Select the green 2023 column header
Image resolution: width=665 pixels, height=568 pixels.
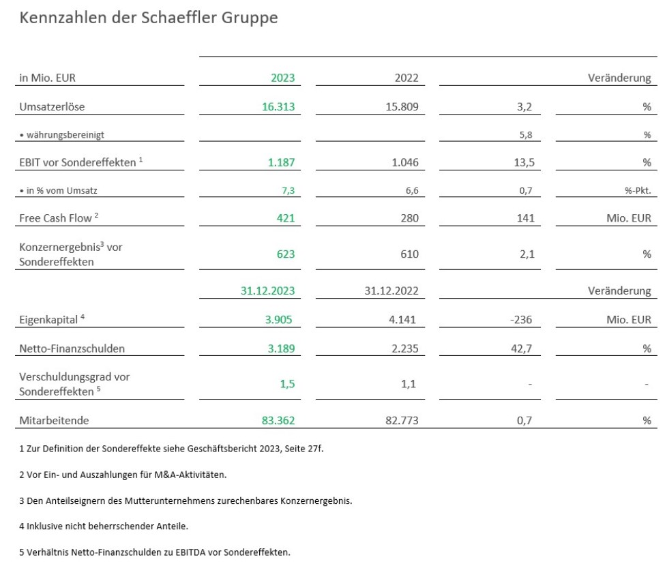pyautogui.click(x=282, y=78)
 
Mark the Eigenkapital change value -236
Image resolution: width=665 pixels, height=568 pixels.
pyautogui.click(x=520, y=320)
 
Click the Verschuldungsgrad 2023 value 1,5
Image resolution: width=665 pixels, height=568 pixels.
pyautogui.click(x=287, y=385)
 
